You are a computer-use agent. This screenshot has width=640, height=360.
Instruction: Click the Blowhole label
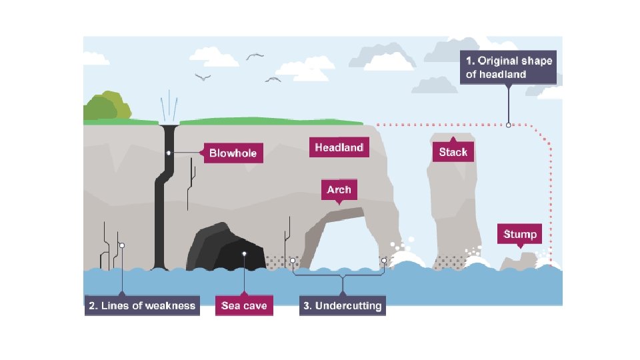point(233,154)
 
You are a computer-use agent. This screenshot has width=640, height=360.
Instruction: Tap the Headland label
point(339,147)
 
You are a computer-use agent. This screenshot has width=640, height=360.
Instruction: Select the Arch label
point(339,190)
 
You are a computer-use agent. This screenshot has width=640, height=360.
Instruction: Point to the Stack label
point(453,152)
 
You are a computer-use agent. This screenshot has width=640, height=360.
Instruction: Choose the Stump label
point(520,235)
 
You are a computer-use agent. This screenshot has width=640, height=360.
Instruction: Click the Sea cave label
point(245,306)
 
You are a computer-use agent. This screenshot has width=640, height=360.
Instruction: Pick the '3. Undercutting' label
point(343,306)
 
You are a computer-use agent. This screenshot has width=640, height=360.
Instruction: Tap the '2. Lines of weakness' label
point(142,306)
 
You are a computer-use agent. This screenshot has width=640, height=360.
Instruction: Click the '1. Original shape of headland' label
point(509,67)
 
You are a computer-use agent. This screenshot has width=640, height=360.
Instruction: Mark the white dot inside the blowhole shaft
point(169,153)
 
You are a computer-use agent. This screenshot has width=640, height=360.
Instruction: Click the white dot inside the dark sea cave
point(245,253)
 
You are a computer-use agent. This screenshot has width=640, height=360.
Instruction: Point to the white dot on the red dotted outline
point(509,125)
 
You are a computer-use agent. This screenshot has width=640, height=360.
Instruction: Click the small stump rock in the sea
point(520,262)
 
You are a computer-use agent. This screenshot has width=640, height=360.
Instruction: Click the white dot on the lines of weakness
point(122,245)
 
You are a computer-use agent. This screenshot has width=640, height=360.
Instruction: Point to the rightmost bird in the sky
point(273,79)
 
